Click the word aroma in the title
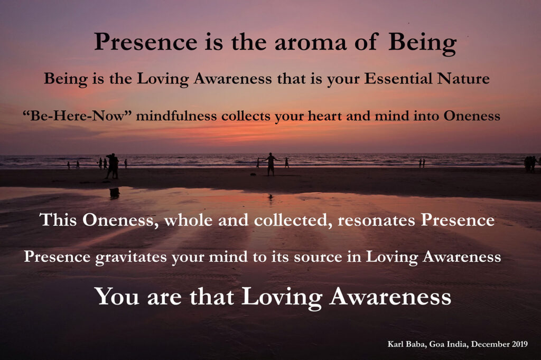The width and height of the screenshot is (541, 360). (310, 42)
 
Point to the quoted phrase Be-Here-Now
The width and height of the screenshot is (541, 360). (78, 116)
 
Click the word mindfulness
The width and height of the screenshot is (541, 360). (176, 116)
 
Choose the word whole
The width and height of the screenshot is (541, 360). (188, 220)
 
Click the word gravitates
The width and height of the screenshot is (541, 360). (131, 257)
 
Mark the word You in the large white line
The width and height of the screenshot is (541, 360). (117, 296)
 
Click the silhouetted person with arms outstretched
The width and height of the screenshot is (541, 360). (270, 164)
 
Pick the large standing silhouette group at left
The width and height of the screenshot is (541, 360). (112, 166)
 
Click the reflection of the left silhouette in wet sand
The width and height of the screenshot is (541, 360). (114, 193)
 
